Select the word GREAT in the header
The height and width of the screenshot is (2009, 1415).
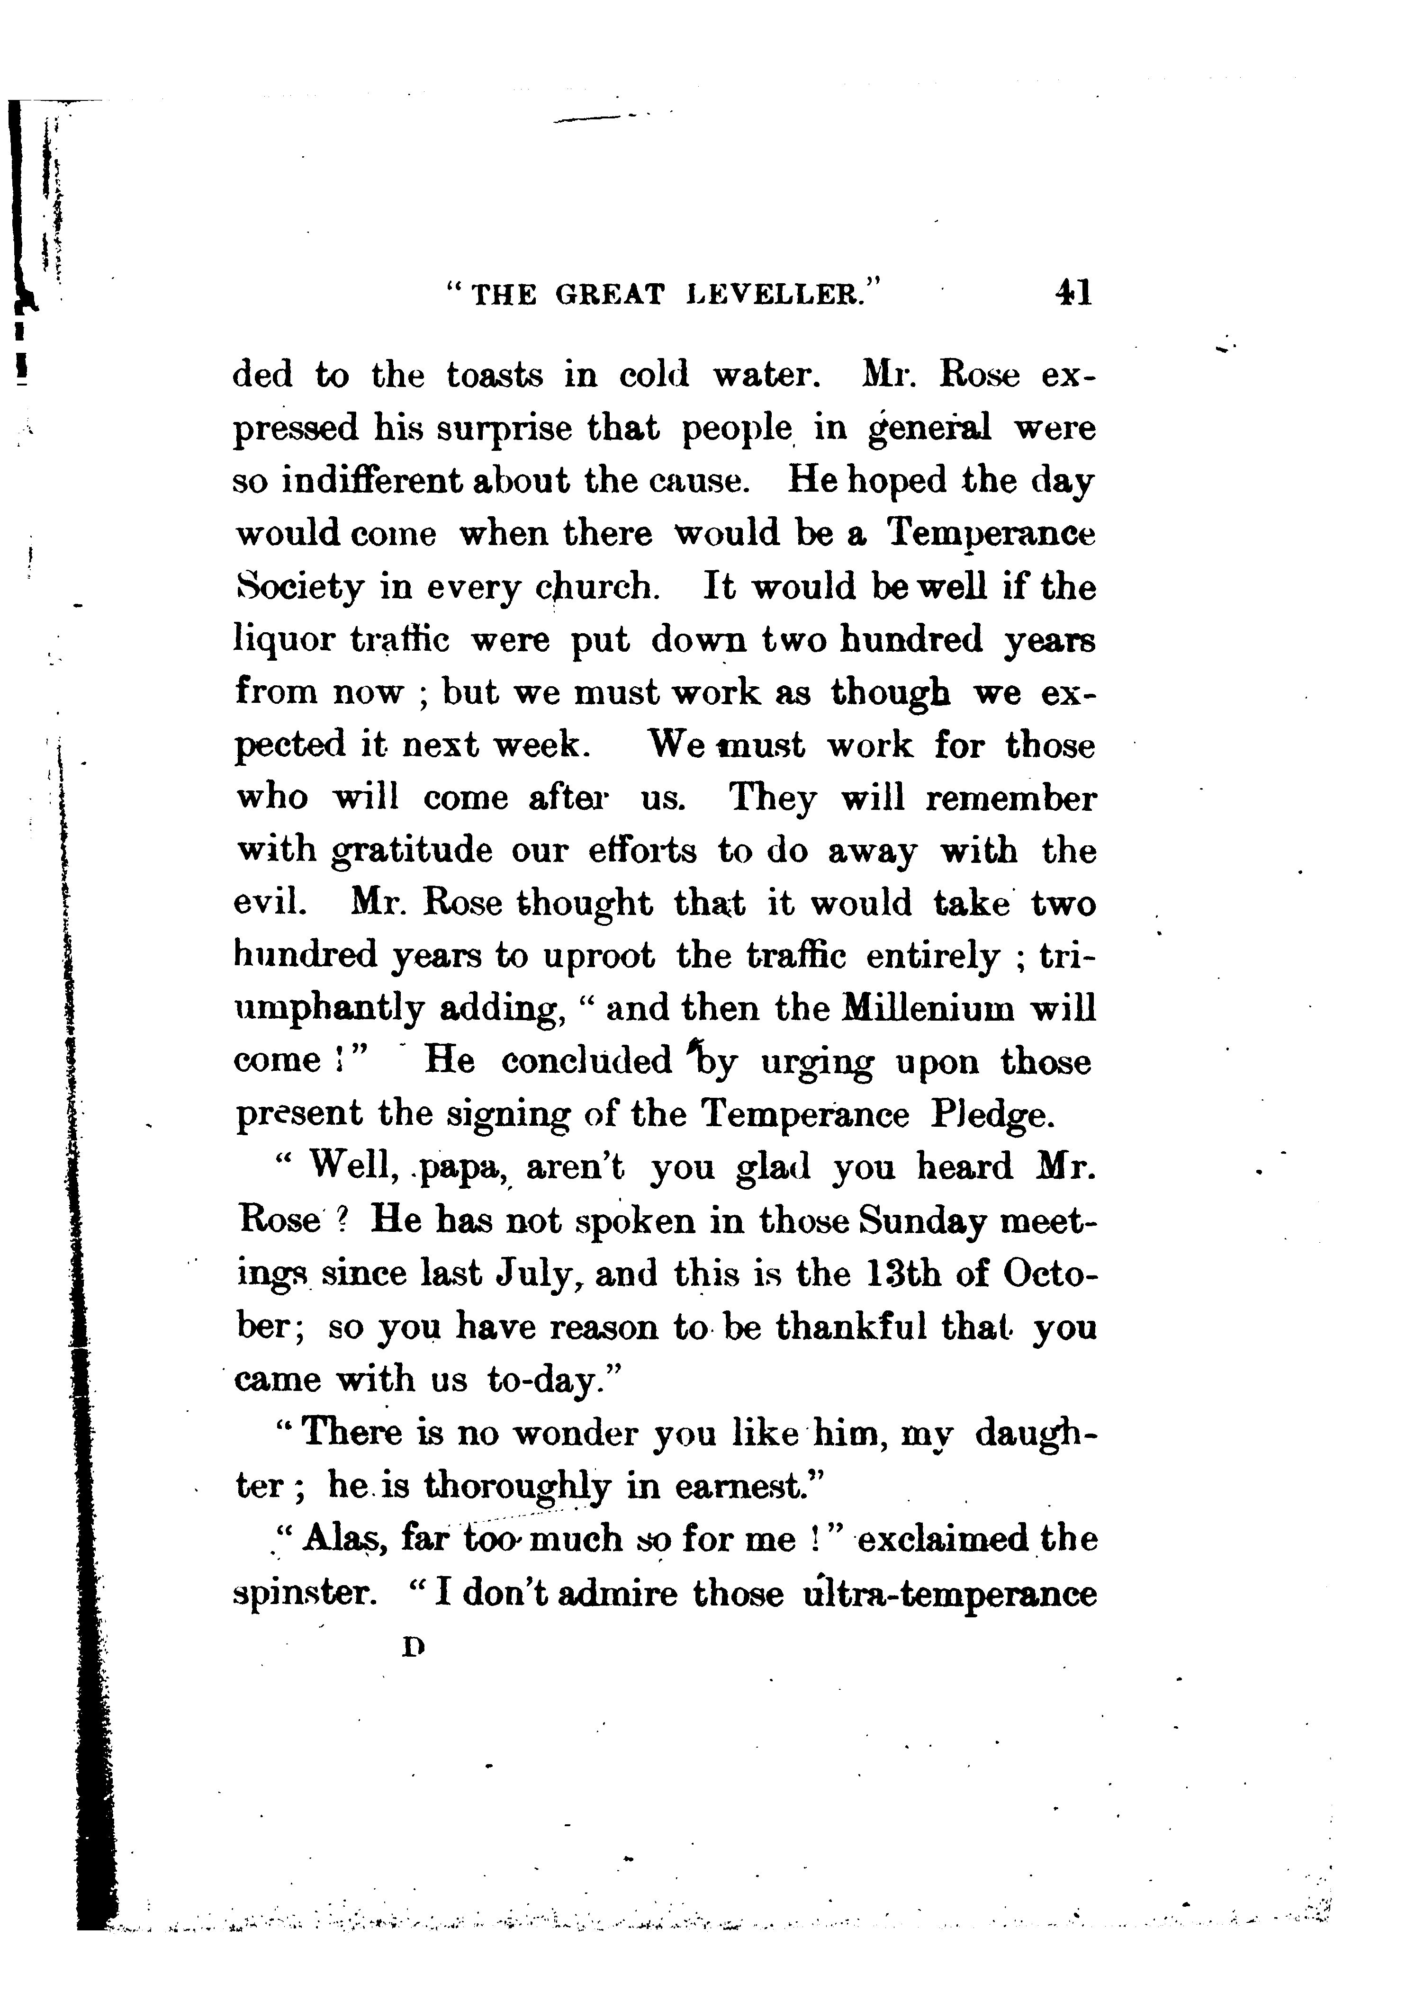tap(610, 294)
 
